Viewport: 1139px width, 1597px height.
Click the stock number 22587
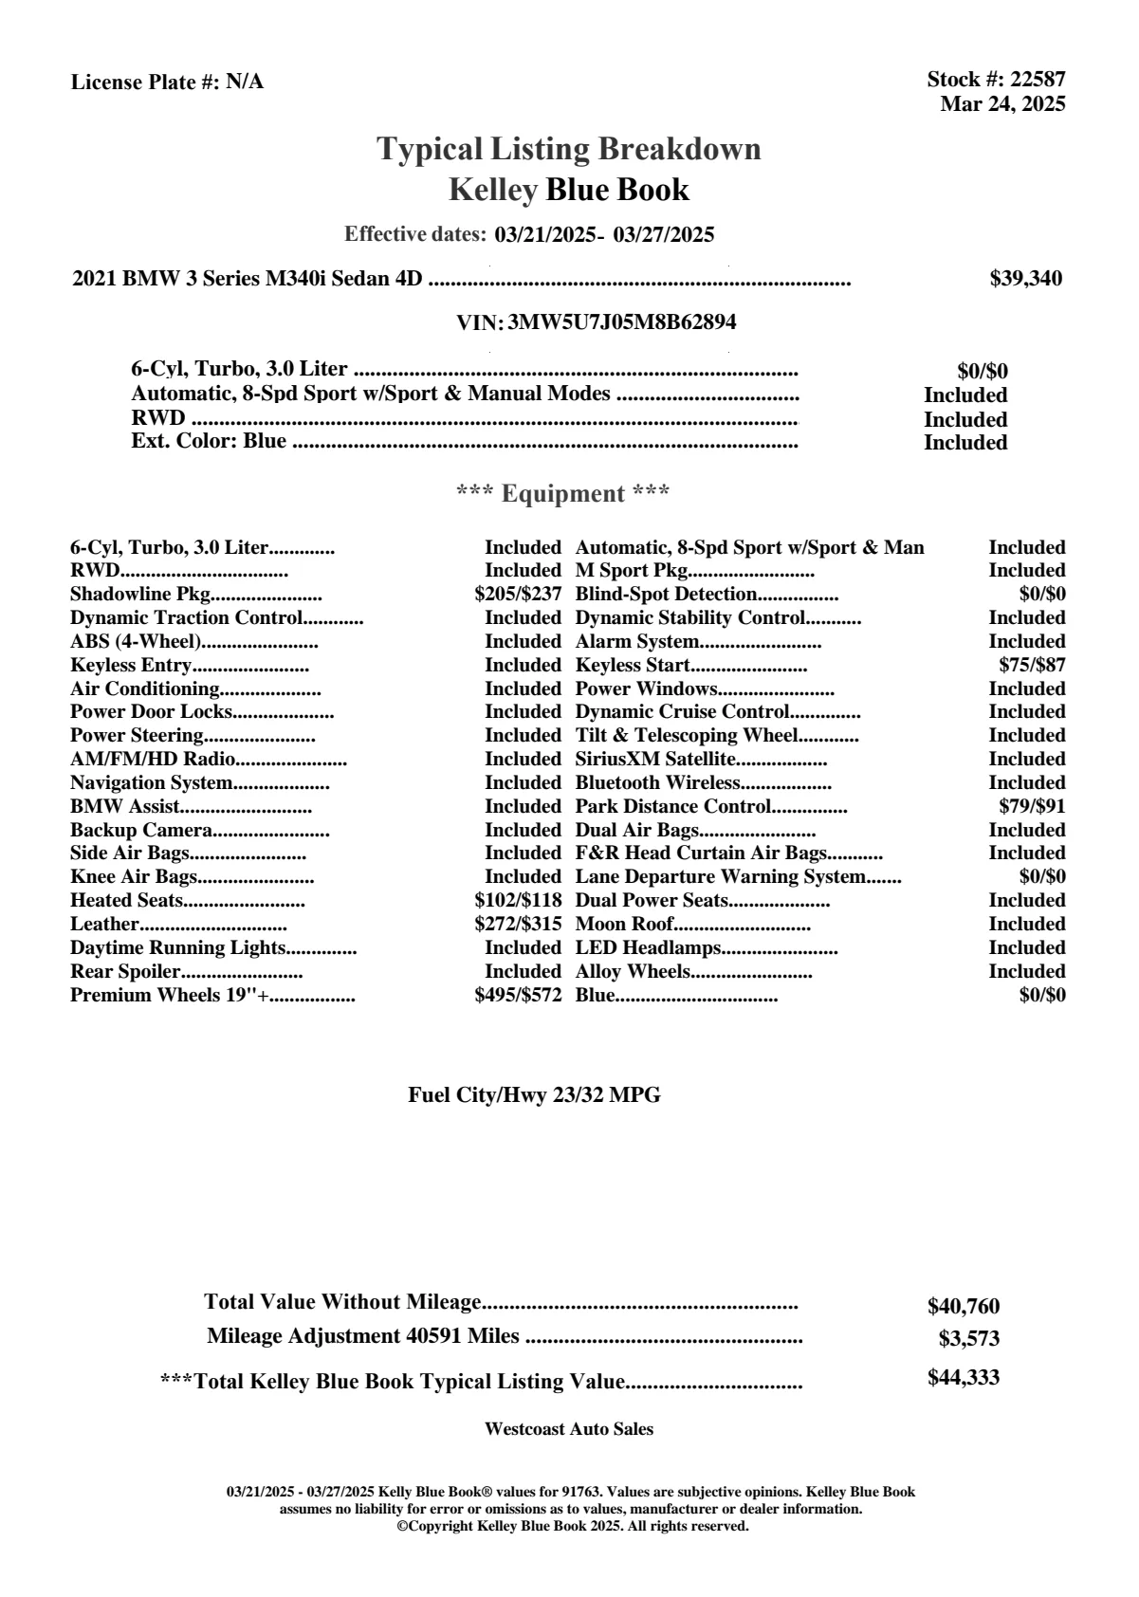click(1038, 80)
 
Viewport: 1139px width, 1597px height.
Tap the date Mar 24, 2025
click(1002, 104)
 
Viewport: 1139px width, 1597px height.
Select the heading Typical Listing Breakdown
click(569, 149)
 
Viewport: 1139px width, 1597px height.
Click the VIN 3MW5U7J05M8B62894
click(621, 322)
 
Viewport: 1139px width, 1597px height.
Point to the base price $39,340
click(1026, 279)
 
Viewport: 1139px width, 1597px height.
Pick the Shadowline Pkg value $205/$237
click(518, 595)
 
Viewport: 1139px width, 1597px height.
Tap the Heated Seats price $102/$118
click(518, 900)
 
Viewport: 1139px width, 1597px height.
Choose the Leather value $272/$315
click(518, 924)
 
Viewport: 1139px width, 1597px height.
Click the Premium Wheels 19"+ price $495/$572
click(518, 995)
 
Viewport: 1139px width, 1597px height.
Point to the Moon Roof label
click(625, 924)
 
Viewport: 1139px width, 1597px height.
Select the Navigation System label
click(152, 782)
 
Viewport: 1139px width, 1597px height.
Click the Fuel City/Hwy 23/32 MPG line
click(534, 1095)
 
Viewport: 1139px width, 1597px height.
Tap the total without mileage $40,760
click(964, 1307)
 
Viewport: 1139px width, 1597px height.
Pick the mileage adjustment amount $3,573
click(969, 1339)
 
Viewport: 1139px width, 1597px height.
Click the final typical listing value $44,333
click(964, 1378)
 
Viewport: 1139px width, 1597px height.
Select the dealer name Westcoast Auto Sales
click(569, 1429)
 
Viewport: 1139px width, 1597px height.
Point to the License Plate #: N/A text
click(168, 83)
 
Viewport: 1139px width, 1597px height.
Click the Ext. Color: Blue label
click(209, 441)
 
